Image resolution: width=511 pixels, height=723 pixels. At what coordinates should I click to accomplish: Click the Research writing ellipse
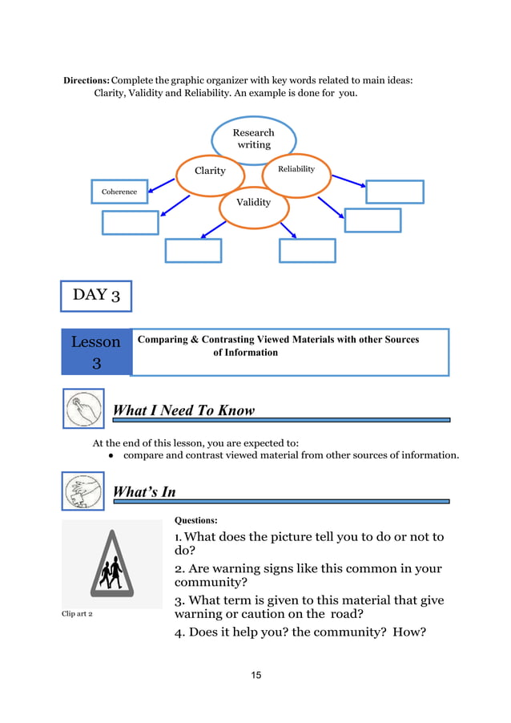pos(253,139)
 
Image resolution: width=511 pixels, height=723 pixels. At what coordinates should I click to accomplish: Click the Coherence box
pos(119,192)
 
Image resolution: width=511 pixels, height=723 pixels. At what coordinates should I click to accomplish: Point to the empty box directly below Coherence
pos(130,222)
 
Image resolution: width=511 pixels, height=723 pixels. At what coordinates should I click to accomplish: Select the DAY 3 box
pos(96,295)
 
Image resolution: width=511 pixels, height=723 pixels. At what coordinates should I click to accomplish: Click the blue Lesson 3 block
pos(96,352)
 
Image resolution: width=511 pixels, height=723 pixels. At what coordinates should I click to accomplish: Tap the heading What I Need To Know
pos(183,410)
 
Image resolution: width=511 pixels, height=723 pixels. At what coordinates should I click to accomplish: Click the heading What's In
pos(144,491)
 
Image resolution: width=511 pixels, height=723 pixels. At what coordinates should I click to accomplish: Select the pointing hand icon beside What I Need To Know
pos(83,409)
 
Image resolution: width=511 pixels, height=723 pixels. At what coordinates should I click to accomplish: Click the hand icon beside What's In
pos(83,491)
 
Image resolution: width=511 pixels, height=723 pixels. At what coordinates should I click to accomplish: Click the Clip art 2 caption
pos(78,614)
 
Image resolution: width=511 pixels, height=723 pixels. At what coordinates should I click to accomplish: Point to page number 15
pos(255,675)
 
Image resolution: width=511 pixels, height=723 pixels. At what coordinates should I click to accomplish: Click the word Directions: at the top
pos(87,80)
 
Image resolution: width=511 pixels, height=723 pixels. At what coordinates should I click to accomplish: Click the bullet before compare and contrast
pos(111,455)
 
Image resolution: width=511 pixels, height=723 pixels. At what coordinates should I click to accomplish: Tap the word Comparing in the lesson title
pos(163,340)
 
